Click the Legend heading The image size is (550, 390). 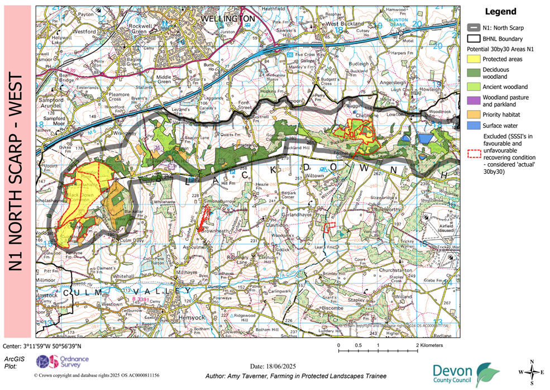pyautogui.click(x=500, y=11)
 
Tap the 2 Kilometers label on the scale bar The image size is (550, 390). pyautogui.click(x=430, y=346)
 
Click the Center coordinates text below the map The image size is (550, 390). pyautogui.click(x=46, y=346)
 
